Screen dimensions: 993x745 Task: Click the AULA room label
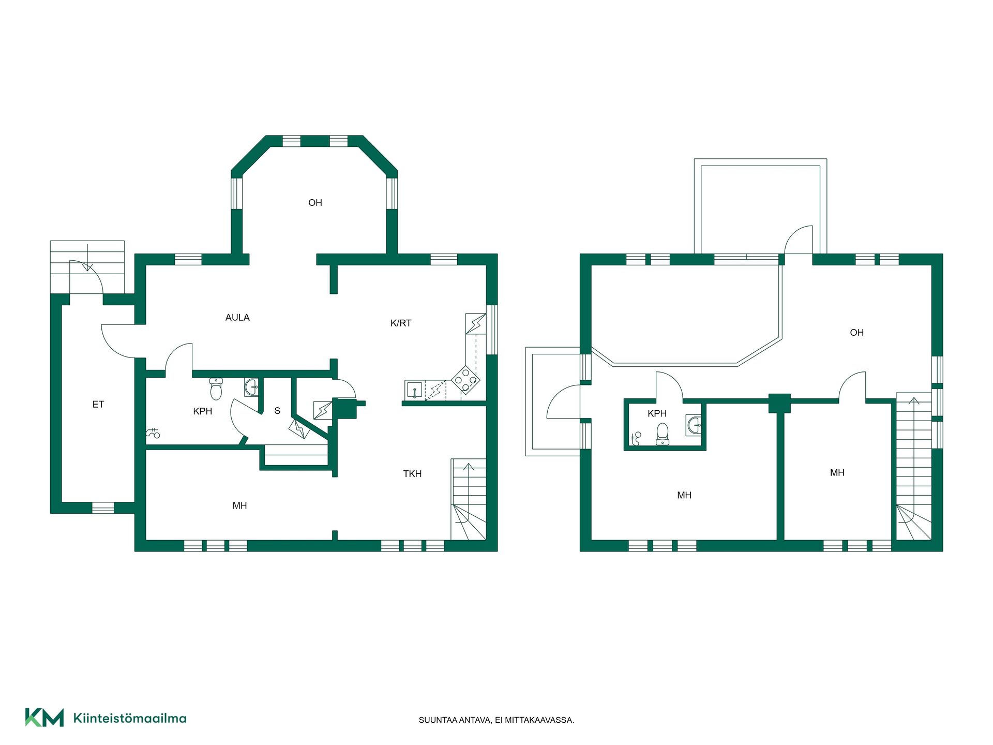click(237, 318)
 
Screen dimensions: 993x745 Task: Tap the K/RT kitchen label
click(401, 323)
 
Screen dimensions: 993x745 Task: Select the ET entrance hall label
click(98, 405)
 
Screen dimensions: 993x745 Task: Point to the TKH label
click(412, 474)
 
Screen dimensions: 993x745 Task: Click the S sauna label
click(277, 411)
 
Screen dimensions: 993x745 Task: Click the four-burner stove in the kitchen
click(465, 380)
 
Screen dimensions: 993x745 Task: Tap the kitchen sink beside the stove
click(415, 390)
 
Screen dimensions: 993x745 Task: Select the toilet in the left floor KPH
click(216, 389)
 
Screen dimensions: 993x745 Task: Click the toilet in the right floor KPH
click(662, 434)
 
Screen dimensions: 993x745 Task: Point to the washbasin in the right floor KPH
click(694, 425)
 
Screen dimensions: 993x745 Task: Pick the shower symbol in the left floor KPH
click(153, 434)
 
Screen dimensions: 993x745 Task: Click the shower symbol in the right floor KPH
click(636, 439)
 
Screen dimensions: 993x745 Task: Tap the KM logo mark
click(44, 718)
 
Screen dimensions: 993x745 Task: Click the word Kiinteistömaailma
click(130, 718)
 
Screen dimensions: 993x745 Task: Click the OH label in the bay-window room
click(315, 203)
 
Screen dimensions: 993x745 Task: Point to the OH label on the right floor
click(857, 333)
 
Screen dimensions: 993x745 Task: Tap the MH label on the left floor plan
click(239, 506)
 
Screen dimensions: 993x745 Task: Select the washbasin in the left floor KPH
click(251, 387)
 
